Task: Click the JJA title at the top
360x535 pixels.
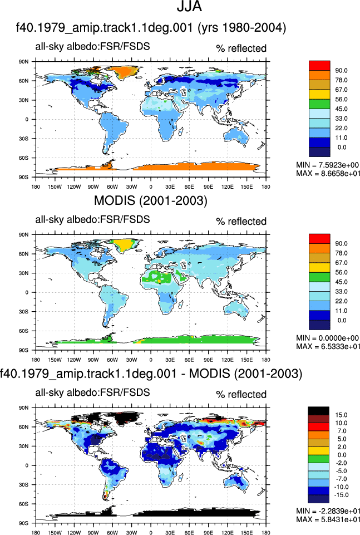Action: click(189, 7)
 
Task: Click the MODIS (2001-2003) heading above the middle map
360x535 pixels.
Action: click(151, 200)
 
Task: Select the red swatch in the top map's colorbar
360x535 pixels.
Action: click(319, 66)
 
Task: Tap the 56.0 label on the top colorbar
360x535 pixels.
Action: click(341, 99)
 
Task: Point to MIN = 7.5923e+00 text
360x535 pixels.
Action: click(327, 165)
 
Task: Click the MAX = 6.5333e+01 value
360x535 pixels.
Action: click(328, 346)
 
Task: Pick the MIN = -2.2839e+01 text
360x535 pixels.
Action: click(328, 511)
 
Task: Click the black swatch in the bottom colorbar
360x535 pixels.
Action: click(318, 411)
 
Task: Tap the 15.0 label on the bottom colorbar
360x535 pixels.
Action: click(341, 415)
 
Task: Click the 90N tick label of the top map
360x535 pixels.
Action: click(24, 62)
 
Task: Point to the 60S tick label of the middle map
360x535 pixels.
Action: click(24, 331)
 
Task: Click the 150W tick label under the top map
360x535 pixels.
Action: click(55, 186)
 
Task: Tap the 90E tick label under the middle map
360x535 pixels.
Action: click(208, 360)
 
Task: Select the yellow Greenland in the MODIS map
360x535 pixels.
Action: click(125, 244)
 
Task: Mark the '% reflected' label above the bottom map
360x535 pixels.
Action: click(241, 394)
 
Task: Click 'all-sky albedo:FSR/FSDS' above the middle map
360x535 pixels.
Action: click(92, 219)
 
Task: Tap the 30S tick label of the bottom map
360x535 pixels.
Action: click(24, 485)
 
